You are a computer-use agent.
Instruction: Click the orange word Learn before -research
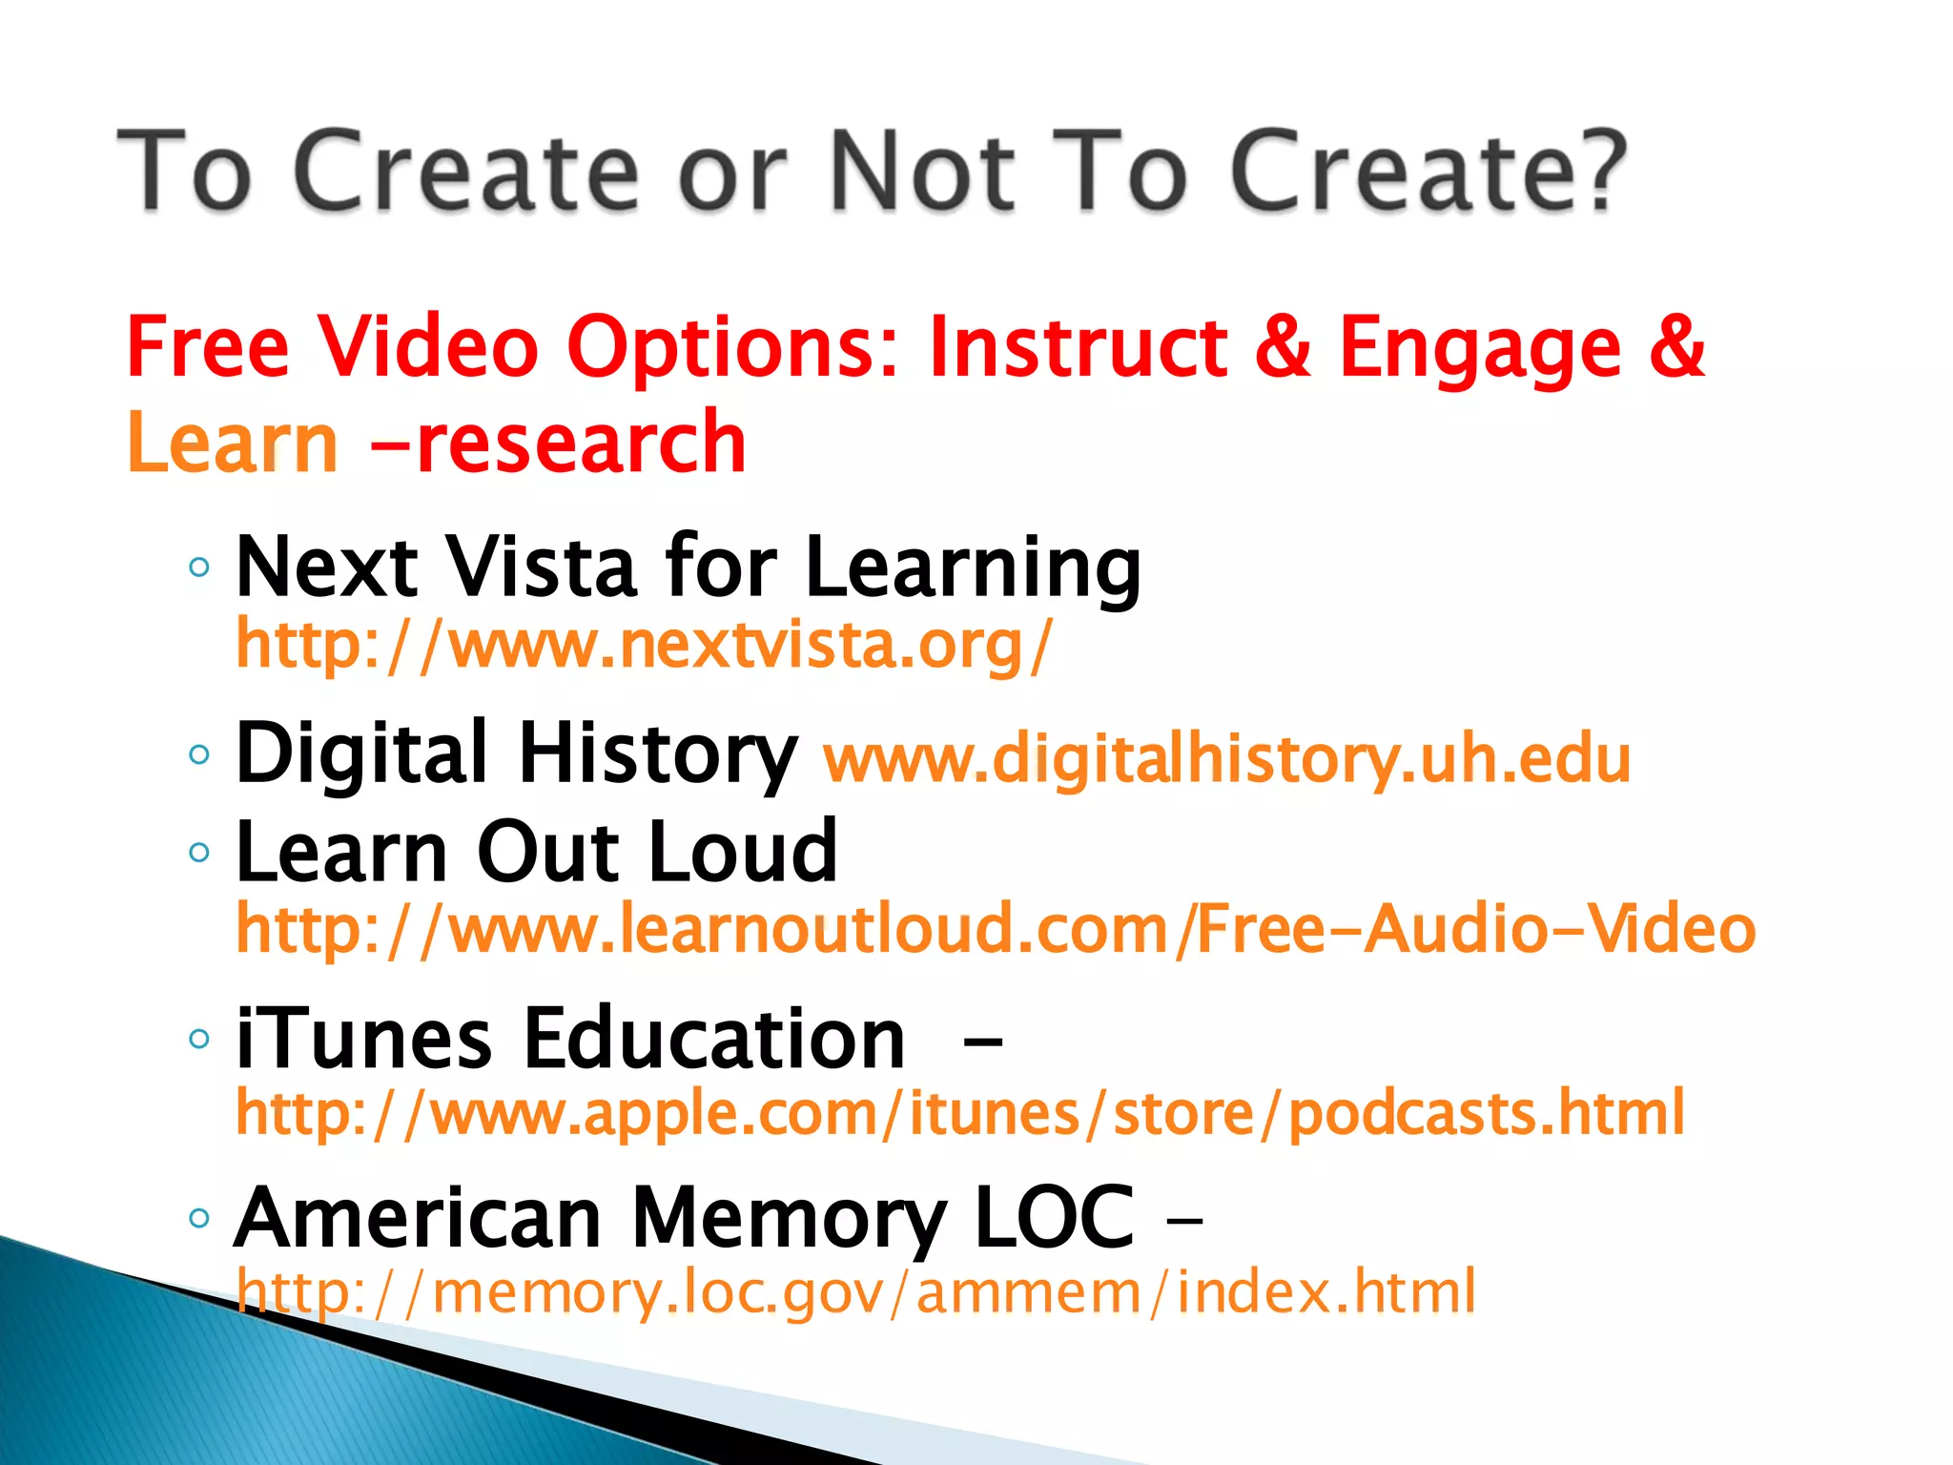click(232, 443)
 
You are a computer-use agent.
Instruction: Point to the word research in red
click(581, 443)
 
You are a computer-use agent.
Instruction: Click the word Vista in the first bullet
click(542, 567)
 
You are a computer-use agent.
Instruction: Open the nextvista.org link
click(644, 645)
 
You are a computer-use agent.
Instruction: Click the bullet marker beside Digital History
click(199, 755)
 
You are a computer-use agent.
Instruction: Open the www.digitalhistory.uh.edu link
click(1227, 760)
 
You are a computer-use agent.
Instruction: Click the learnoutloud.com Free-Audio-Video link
click(996, 929)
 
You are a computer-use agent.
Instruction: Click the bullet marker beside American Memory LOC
click(199, 1218)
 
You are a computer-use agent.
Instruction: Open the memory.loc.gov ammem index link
click(855, 1291)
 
